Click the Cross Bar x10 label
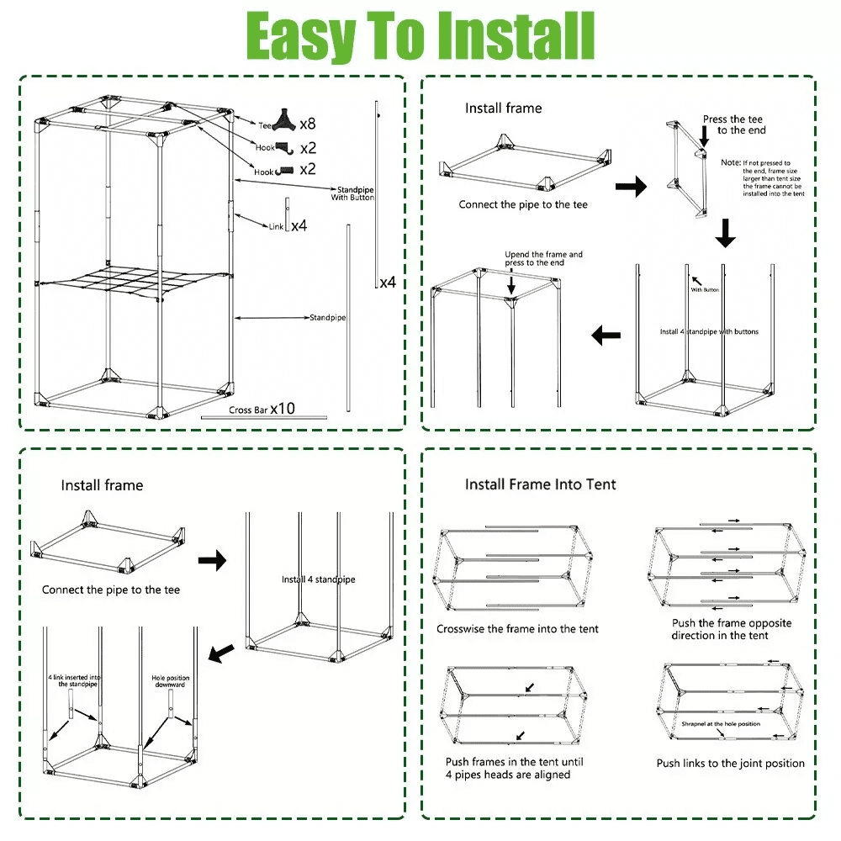coord(262,410)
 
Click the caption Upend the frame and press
coord(543,258)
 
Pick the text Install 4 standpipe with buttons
coord(709,331)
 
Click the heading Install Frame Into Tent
coord(541,484)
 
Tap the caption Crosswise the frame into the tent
coord(517,629)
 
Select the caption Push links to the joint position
coord(730,764)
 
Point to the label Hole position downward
coord(171,681)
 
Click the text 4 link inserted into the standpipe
coord(75,680)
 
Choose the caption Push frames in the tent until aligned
coord(515,768)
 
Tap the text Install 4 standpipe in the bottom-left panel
coord(318,579)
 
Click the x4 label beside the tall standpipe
coord(388,283)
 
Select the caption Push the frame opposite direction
coord(732,629)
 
